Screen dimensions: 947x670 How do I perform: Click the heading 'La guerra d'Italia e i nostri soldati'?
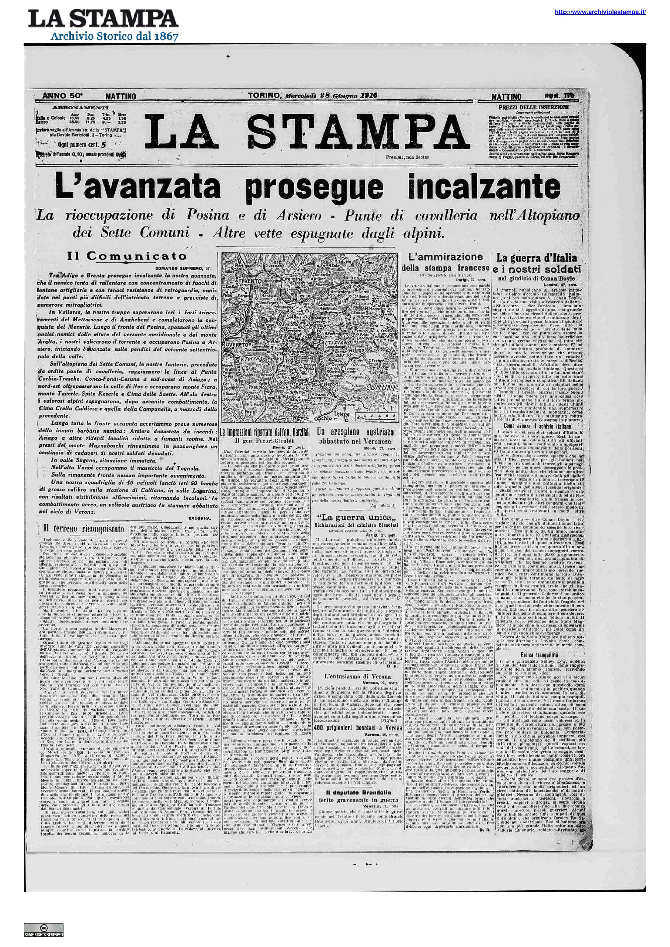(x=536, y=263)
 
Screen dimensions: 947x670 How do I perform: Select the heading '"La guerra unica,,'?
(x=354, y=518)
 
